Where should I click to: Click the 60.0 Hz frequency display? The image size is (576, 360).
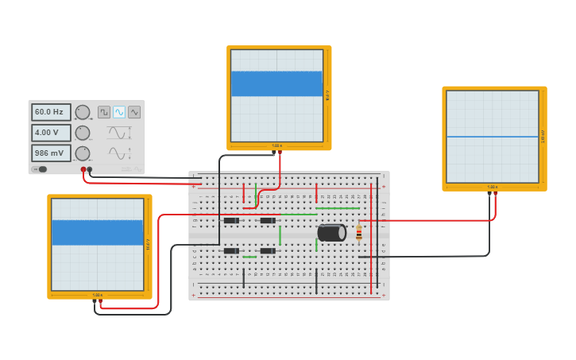click(x=51, y=112)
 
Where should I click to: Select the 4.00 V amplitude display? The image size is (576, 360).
click(x=51, y=133)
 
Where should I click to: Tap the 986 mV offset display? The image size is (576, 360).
click(x=51, y=153)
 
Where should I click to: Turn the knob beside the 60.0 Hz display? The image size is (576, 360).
click(x=82, y=112)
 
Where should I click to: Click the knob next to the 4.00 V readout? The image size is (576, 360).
click(x=82, y=133)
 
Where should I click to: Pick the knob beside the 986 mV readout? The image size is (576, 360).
click(x=82, y=153)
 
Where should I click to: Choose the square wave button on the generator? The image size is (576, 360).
click(x=104, y=112)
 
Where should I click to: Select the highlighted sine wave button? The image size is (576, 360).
click(x=119, y=112)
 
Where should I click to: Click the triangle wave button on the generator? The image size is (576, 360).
click(x=134, y=112)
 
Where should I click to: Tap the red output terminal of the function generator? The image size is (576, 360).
click(x=83, y=169)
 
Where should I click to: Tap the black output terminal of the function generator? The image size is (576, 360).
click(x=90, y=169)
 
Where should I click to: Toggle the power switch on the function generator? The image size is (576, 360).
click(x=40, y=168)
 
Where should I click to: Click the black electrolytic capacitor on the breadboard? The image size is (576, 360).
click(x=331, y=232)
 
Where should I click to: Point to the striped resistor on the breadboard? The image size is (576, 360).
click(x=359, y=232)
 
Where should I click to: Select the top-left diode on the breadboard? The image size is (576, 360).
click(x=231, y=220)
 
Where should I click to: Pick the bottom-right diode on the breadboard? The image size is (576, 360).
click(x=268, y=251)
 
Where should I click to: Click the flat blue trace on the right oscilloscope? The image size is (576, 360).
click(x=492, y=137)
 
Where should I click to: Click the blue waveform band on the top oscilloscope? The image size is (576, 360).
click(x=276, y=84)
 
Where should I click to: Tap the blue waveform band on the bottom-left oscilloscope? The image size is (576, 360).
click(x=97, y=232)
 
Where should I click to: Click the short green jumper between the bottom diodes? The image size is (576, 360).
click(x=249, y=257)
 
